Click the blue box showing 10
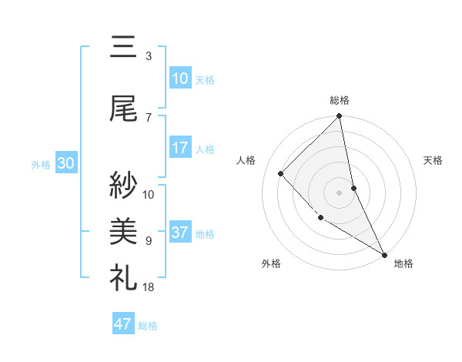(x=179, y=79)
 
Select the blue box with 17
(x=179, y=149)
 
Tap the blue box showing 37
(x=179, y=233)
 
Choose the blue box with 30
(x=65, y=164)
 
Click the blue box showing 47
(x=122, y=324)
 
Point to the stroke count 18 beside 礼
(x=149, y=287)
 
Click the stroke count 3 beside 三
(x=149, y=55)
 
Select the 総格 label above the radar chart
(x=340, y=100)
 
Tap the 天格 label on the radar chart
(x=434, y=160)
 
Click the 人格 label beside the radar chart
(x=246, y=160)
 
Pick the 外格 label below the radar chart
(x=271, y=263)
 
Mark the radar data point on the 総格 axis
(x=340, y=117)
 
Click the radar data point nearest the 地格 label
(x=383, y=253)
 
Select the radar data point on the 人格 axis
(x=281, y=173)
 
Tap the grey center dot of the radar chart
(x=340, y=193)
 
